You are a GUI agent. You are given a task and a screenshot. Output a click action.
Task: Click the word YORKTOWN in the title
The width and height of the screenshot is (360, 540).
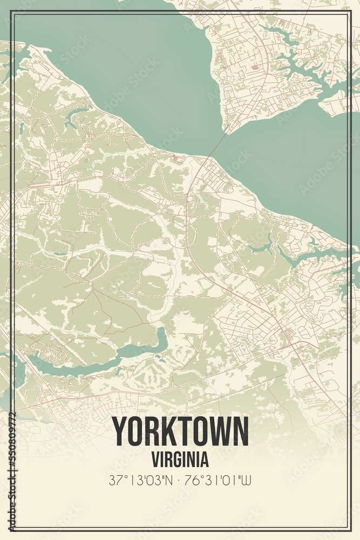180,431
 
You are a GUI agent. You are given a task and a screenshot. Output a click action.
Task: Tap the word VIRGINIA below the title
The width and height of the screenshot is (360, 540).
180,460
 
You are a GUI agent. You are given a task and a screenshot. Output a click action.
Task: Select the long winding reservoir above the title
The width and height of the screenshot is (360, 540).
103,356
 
